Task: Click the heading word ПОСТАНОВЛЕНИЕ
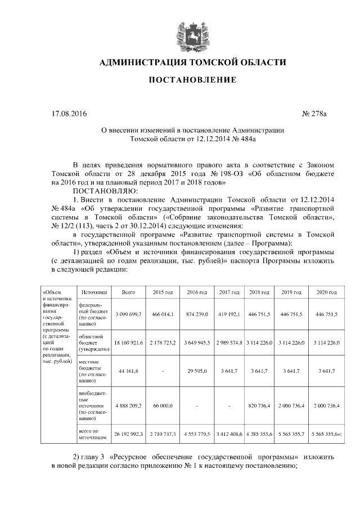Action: click(192, 80)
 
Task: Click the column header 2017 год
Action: click(229, 292)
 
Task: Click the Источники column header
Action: click(93, 292)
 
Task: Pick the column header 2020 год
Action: click(326, 292)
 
